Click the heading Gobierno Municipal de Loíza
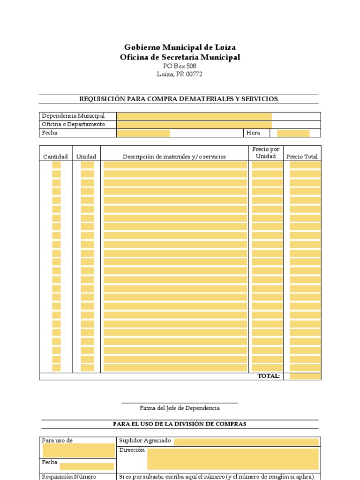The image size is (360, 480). coord(180,47)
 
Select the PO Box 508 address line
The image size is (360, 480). coord(180,66)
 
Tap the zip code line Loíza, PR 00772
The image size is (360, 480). coord(180,74)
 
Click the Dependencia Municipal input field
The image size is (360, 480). coord(194,116)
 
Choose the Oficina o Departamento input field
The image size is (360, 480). coord(194,125)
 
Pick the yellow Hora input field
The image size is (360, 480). coord(293,133)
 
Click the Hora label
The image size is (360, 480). coord(253,133)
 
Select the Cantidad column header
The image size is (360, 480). coord(55,157)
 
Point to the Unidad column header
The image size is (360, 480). coord(86,157)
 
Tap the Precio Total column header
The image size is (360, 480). coord(302,157)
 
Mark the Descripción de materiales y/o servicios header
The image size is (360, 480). coord(174,157)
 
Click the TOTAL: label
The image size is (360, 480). coord(269,376)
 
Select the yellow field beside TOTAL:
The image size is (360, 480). coord(305,376)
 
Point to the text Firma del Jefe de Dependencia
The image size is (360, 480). coord(180,408)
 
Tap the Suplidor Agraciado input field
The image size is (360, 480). coord(246,442)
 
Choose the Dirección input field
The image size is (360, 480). coord(232,458)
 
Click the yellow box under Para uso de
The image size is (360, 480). coord(78,450)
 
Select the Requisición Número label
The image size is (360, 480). coord(69,477)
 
